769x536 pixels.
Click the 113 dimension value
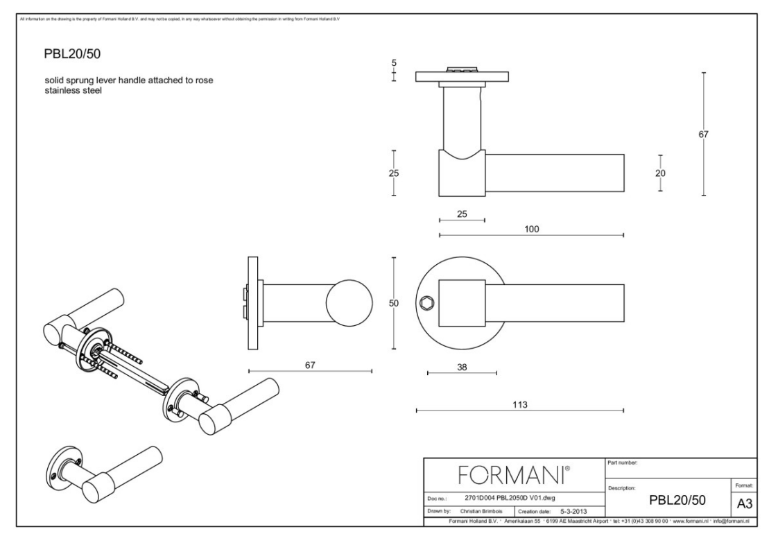tap(520, 404)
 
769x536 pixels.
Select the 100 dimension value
tap(532, 228)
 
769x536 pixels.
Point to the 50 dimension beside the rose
tap(393, 303)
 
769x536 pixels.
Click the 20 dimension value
tap(660, 173)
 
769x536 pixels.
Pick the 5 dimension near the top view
tap(394, 63)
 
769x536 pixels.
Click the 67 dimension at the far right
tap(703, 135)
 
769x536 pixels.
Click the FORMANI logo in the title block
tap(514, 476)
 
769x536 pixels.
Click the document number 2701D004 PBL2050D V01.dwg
tap(510, 498)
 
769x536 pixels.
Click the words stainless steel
tap(73, 90)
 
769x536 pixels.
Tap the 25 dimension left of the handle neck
tap(393, 173)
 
